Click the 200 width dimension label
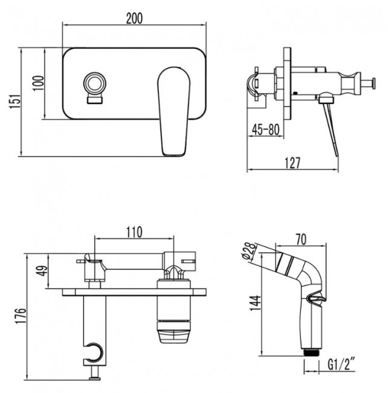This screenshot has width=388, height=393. [x=134, y=18]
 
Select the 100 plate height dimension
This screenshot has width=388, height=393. [x=39, y=84]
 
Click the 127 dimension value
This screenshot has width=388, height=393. [x=293, y=162]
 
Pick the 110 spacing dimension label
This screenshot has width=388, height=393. [x=134, y=232]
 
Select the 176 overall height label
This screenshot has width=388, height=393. [x=19, y=317]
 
